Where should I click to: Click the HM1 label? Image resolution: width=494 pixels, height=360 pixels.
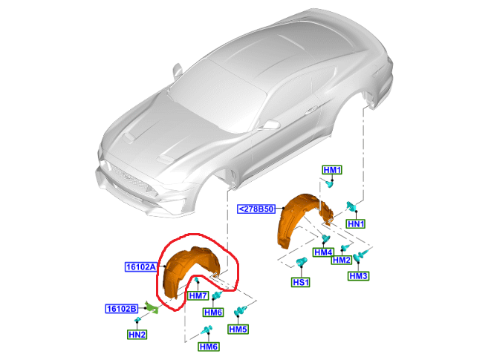[332, 170]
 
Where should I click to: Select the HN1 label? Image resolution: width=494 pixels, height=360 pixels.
[356, 223]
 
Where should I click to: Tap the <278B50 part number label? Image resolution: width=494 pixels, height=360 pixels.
[256, 209]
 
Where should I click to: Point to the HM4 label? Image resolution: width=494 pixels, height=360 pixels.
[324, 252]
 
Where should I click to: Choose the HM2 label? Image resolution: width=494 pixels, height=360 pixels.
[342, 260]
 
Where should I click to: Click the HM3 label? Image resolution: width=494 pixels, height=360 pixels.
[359, 276]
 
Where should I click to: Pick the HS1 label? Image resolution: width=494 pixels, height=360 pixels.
[301, 282]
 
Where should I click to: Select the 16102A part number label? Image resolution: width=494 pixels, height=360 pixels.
[141, 267]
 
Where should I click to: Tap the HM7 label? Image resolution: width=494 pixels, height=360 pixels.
[198, 295]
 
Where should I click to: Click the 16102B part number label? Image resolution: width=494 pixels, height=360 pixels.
[122, 309]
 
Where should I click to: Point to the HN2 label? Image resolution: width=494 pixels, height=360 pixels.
[137, 334]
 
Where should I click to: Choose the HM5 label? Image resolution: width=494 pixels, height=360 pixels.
[238, 329]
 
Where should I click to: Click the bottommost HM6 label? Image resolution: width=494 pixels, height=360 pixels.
[209, 347]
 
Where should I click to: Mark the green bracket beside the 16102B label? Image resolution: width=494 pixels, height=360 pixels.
[152, 307]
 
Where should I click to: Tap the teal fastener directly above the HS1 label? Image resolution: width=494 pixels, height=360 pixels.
[302, 262]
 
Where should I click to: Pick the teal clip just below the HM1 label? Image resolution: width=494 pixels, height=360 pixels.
[329, 184]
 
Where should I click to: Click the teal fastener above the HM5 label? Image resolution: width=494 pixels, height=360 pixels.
[241, 310]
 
